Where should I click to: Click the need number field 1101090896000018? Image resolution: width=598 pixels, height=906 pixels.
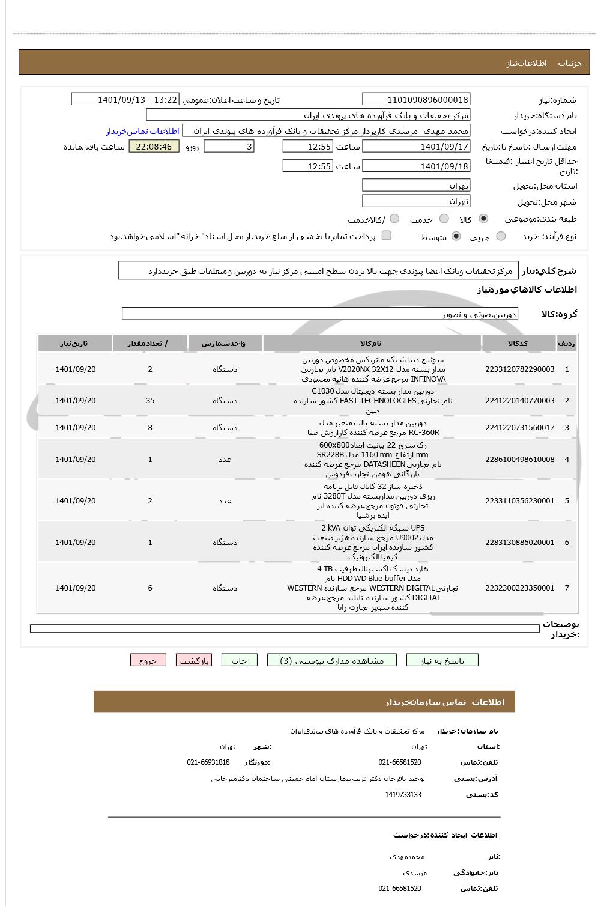click(x=416, y=99)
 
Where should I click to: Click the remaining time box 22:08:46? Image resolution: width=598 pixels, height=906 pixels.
click(x=154, y=147)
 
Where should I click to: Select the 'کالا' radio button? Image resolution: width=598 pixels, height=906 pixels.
click(x=483, y=219)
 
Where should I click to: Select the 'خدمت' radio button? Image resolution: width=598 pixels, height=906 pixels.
click(x=444, y=219)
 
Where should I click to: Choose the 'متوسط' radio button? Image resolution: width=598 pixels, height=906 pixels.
click(x=456, y=236)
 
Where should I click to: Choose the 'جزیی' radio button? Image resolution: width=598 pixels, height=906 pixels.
click(x=501, y=236)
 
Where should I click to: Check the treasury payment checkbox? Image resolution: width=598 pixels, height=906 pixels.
click(x=387, y=236)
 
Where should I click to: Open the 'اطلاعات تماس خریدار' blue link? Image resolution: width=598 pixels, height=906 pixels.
click(x=143, y=131)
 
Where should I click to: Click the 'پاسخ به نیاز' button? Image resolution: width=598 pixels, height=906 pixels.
click(x=442, y=660)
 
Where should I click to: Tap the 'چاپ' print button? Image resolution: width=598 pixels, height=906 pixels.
click(x=240, y=660)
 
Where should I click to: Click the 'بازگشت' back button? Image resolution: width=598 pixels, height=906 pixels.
click(x=193, y=660)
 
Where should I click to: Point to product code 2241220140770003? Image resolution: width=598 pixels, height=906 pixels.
click(x=519, y=401)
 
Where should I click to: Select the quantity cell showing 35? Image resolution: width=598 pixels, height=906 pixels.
click(x=150, y=401)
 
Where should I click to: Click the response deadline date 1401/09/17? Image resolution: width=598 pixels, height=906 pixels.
click(x=416, y=147)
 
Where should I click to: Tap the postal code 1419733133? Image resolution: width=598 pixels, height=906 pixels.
click(x=403, y=795)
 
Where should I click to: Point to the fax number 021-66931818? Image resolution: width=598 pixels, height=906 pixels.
click(x=208, y=762)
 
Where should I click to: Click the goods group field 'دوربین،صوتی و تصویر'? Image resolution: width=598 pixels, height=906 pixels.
click(x=319, y=314)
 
